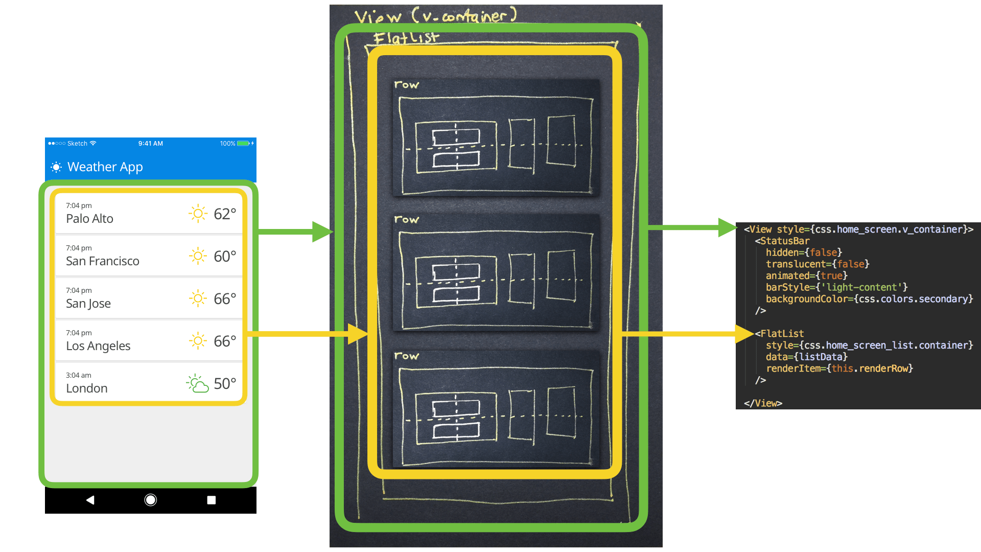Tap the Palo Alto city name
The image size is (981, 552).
click(89, 219)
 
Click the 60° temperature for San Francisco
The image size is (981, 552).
click(225, 256)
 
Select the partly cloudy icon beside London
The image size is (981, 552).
click(198, 383)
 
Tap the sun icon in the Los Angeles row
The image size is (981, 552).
click(198, 341)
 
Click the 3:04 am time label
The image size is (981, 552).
click(79, 375)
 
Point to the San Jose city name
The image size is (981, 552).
click(88, 304)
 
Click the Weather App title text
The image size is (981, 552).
click(105, 167)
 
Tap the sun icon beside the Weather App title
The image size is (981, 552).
click(56, 167)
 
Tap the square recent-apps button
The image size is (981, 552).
click(211, 500)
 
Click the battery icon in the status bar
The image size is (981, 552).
click(244, 144)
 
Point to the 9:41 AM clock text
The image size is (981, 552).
click(150, 144)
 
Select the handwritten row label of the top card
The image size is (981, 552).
click(406, 85)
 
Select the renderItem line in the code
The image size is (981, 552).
click(839, 369)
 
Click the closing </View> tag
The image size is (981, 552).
click(763, 403)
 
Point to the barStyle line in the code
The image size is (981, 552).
click(836, 287)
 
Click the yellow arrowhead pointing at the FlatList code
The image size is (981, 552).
click(744, 334)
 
